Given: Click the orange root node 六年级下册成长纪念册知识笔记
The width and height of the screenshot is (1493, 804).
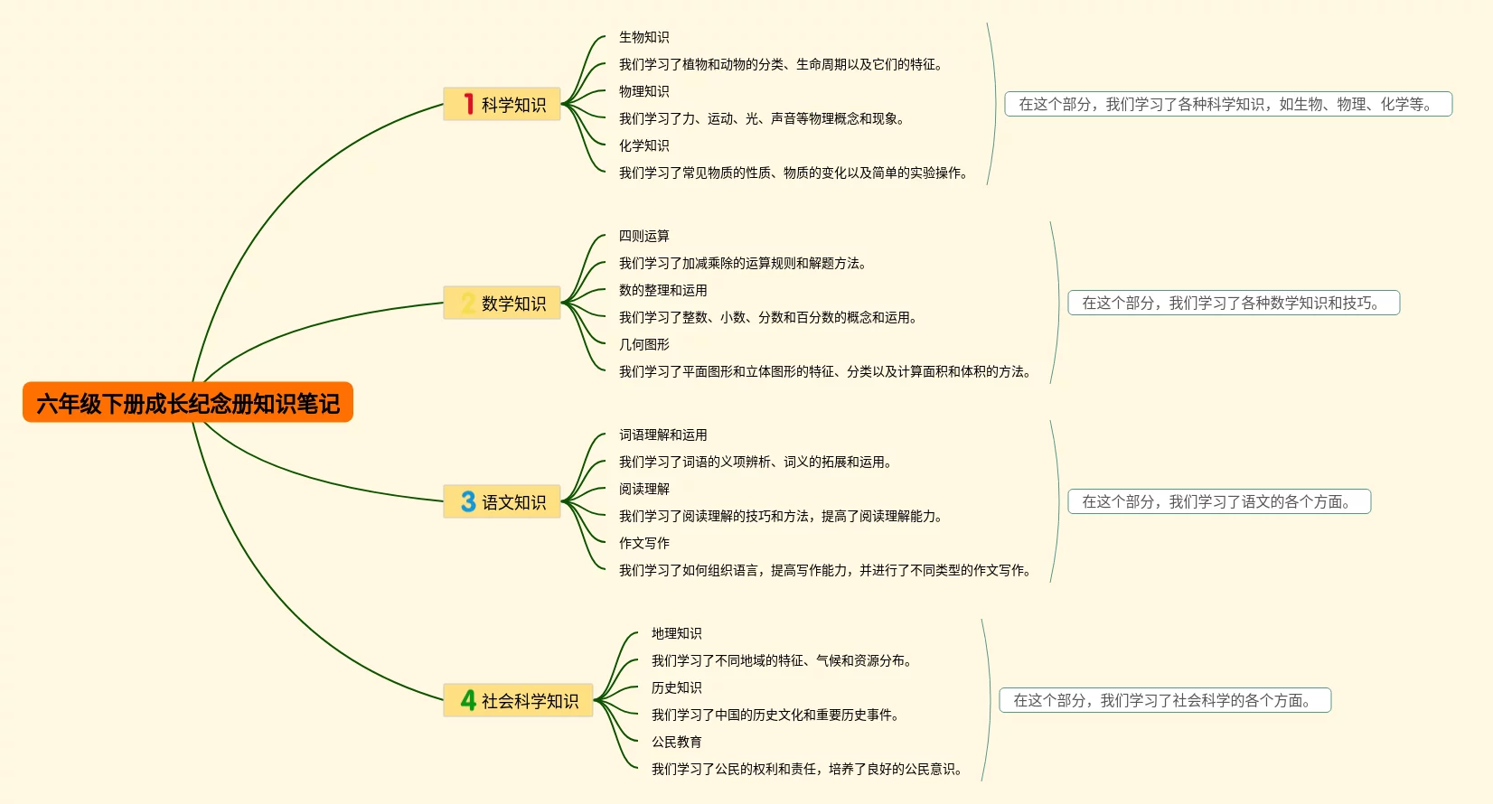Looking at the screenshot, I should click(x=188, y=403).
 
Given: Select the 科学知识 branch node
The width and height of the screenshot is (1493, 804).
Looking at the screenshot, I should click(x=502, y=105).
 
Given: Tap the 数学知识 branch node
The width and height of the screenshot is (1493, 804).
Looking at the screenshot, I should click(x=502, y=304).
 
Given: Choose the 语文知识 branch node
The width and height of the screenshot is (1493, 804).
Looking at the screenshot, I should click(x=502, y=502).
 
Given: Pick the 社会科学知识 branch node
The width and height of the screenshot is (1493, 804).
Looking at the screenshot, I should click(x=519, y=701).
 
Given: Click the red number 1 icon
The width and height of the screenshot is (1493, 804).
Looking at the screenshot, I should click(x=468, y=105).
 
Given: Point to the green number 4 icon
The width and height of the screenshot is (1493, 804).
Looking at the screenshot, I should click(x=468, y=701).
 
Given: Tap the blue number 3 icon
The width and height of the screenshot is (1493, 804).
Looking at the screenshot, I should click(x=468, y=502).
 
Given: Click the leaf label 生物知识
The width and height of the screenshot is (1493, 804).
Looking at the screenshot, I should click(x=643, y=37).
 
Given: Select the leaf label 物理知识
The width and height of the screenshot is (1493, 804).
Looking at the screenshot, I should click(x=643, y=91).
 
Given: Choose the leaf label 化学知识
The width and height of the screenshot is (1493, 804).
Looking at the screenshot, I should click(x=643, y=145).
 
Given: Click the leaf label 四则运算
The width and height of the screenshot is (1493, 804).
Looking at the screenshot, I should click(x=643, y=236).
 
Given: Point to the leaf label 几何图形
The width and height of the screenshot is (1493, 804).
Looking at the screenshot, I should click(x=643, y=344).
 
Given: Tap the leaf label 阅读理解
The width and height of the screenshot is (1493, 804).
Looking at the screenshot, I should click(x=643, y=489).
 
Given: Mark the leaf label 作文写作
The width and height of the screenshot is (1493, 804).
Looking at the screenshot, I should click(x=643, y=543).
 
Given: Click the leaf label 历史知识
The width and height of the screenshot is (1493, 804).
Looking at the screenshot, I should click(x=676, y=687).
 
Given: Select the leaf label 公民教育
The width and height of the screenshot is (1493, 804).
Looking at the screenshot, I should click(x=676, y=742).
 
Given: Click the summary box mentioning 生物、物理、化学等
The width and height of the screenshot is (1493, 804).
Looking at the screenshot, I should click(x=1227, y=104).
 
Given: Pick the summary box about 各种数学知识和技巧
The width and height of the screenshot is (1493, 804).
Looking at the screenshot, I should click(x=1233, y=303).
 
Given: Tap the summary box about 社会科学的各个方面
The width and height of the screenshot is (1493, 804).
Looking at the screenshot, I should click(x=1164, y=700).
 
